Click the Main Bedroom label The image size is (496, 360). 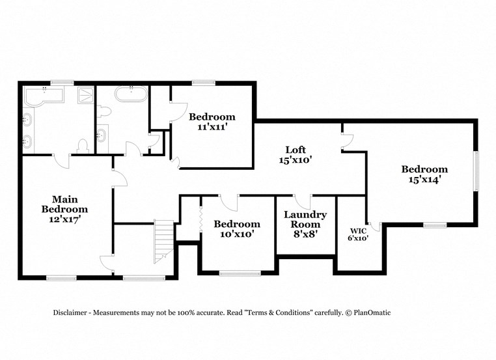coord(64,204)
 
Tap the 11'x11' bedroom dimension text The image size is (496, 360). coord(212,127)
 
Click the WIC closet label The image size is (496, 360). coord(359,230)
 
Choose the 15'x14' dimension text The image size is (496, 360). coord(424,180)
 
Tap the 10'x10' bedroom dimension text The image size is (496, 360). coord(237,234)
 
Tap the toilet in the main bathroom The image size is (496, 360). coord(83,145)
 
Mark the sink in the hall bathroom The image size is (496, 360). coord(103,136)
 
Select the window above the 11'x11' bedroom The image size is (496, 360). coord(203,83)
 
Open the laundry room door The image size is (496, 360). coord(302,201)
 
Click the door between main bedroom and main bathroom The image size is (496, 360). coord(61,159)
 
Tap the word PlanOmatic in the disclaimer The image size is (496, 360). coord(372,313)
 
